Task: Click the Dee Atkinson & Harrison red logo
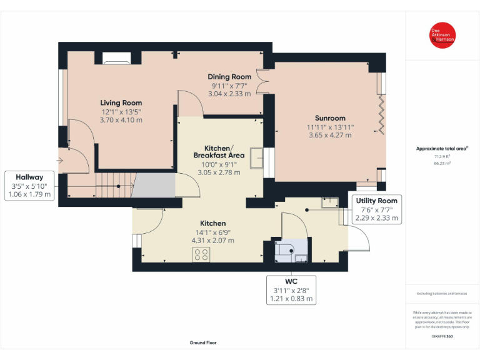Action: [442, 35]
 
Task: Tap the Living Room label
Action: [121, 103]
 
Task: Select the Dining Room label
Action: [229, 77]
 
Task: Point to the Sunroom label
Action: [330, 118]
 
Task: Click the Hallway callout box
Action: [30, 186]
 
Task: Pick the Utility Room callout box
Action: [377, 209]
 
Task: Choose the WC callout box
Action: [291, 289]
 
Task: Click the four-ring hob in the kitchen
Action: [201, 254]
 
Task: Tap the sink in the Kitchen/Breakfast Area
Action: [256, 157]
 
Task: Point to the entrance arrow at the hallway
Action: [59, 161]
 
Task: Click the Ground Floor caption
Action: [203, 342]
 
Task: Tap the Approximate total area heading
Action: [442, 148]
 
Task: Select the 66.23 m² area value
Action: [442, 162]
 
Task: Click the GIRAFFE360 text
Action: [442, 336]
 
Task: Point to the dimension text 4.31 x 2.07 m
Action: [212, 240]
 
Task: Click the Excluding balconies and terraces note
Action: [442, 293]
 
